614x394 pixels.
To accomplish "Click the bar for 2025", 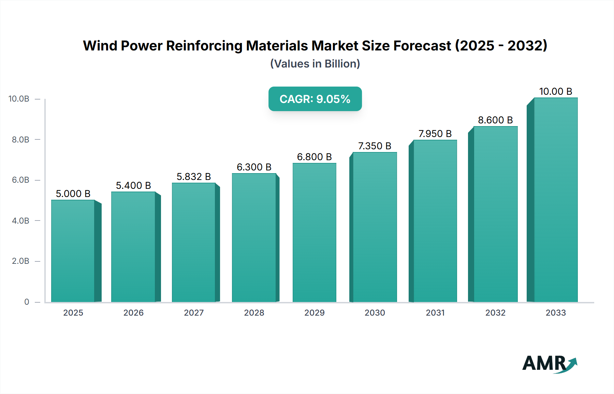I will [x=73, y=251].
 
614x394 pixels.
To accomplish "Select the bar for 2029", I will [x=314, y=232].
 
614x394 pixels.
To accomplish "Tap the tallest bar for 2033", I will [x=556, y=200].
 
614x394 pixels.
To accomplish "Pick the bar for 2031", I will [x=435, y=221].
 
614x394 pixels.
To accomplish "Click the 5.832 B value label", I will [x=194, y=177].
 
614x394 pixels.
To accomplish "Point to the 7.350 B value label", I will [x=375, y=146].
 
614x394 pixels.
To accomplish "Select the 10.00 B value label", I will [x=555, y=91].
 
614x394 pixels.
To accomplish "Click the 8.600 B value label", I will [x=495, y=120].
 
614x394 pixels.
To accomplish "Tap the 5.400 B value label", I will [x=133, y=185].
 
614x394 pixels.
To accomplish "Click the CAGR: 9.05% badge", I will [x=315, y=99].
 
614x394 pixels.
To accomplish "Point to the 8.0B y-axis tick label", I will [x=20, y=139].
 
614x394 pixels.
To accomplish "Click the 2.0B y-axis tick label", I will [x=20, y=261].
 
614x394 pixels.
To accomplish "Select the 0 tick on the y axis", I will [x=27, y=302].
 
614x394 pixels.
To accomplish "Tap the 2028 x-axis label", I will [x=254, y=313].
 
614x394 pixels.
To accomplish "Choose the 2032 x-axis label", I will [x=495, y=313].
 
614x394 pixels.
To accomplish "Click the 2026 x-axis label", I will [x=133, y=313].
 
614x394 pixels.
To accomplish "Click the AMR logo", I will [x=549, y=364].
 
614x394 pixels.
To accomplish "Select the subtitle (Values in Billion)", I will [x=315, y=64].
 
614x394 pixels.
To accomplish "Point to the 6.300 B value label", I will [x=254, y=167].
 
